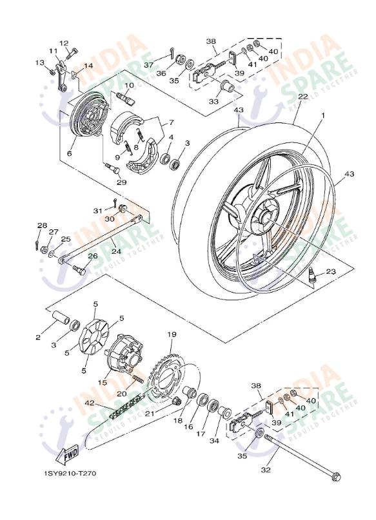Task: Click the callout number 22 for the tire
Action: tap(302, 97)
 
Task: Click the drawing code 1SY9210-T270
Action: tap(70, 474)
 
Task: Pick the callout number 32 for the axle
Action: tap(266, 470)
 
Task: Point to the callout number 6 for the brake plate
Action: tap(69, 154)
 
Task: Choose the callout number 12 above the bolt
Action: tap(64, 43)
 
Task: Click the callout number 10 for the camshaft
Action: tap(129, 85)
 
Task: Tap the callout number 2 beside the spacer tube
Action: tap(38, 336)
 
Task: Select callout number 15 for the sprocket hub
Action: tap(102, 383)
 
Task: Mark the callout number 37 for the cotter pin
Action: tap(148, 65)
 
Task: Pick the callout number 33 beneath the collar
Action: tap(213, 101)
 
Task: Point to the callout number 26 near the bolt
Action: tap(92, 256)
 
